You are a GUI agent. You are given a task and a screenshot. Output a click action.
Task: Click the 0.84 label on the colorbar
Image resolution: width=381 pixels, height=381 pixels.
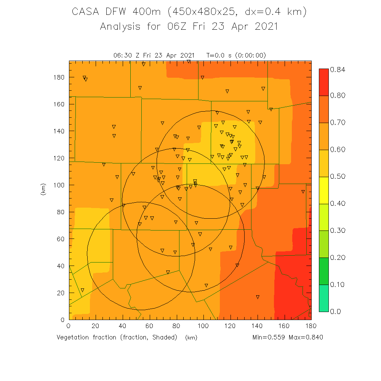(338, 69)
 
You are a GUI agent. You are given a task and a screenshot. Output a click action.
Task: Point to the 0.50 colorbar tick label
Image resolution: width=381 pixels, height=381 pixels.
(338, 176)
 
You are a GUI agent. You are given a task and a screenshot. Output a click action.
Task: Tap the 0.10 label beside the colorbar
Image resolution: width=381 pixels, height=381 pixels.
(338, 284)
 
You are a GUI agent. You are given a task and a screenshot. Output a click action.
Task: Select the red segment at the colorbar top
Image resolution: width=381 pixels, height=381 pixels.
(323, 82)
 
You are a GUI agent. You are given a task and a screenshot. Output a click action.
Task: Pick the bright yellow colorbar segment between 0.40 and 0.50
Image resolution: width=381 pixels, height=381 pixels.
(323, 190)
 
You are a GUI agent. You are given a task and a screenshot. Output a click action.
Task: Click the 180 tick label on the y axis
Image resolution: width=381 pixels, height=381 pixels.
(59, 77)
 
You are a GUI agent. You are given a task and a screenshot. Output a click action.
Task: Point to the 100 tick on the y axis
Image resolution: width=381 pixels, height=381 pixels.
(59, 185)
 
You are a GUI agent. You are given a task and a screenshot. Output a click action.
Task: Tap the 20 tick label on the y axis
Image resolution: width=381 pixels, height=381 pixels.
(61, 293)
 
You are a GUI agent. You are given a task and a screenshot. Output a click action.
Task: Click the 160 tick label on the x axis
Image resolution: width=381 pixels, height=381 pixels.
(284, 326)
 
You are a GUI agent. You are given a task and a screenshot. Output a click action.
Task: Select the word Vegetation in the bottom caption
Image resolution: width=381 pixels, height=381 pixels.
(75, 337)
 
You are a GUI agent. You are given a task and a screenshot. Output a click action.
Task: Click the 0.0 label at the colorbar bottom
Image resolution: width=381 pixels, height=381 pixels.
(336, 311)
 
